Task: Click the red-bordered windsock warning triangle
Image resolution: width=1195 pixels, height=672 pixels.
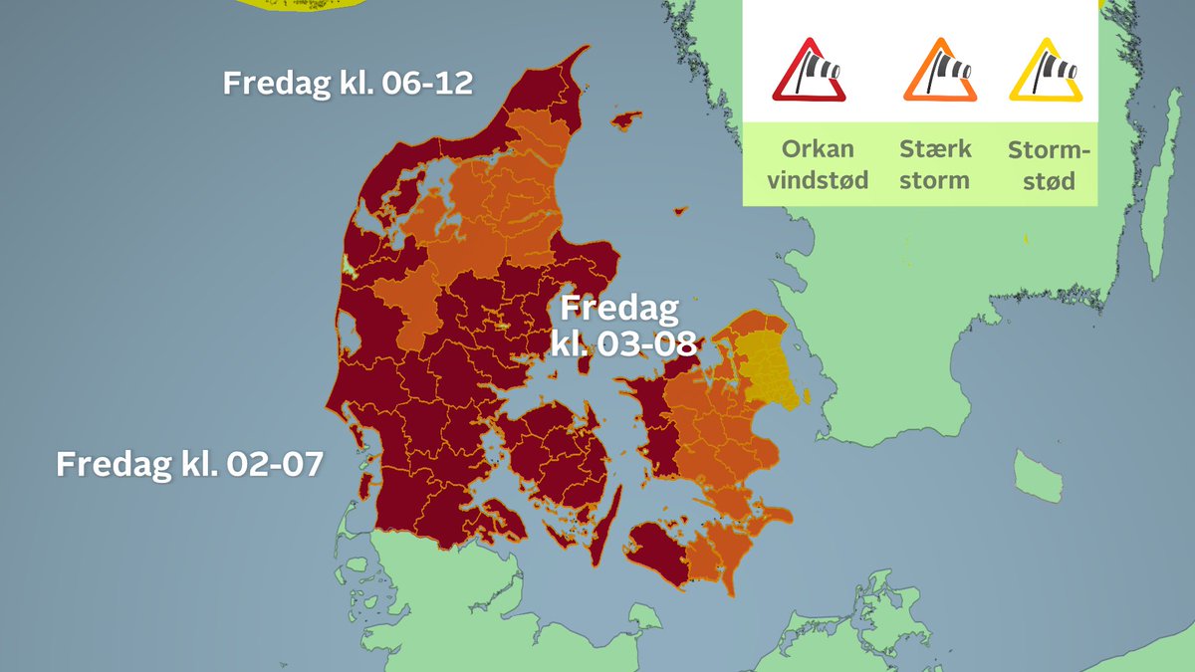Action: tap(809, 72)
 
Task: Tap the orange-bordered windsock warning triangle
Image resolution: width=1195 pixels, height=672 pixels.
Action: tap(939, 72)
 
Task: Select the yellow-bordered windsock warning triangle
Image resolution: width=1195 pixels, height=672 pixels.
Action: tap(1045, 72)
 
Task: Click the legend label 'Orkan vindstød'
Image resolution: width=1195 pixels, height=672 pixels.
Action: tap(810, 165)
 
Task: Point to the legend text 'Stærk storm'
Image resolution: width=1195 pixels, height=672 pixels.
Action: tap(934, 165)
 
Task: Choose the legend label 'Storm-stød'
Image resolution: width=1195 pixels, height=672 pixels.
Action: tap(1049, 165)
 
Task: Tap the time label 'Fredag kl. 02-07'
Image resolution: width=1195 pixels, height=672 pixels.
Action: tap(189, 464)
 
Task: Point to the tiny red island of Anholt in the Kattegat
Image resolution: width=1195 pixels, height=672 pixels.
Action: tap(680, 210)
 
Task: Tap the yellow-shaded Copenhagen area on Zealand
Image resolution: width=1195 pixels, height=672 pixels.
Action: tap(767, 373)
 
